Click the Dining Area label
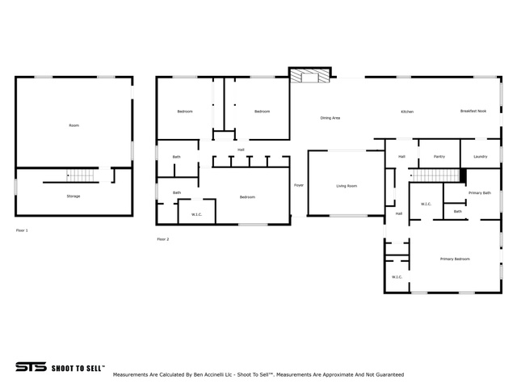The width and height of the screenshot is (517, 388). click(330, 118)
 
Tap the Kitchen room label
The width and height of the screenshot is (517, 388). click(407, 112)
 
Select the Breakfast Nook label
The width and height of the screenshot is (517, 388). click(473, 111)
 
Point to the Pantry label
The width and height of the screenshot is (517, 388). click(439, 156)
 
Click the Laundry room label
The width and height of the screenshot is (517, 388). click(480, 156)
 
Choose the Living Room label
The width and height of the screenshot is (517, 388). click(347, 186)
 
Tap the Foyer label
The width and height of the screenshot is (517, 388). click(299, 185)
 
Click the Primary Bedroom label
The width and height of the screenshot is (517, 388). click(455, 259)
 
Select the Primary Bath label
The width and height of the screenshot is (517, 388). click(480, 192)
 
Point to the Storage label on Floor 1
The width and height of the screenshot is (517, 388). click(74, 196)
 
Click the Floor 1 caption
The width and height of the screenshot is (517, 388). click(22, 230)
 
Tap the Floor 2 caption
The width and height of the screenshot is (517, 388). click(163, 239)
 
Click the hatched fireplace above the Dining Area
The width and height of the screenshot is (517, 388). click(309, 75)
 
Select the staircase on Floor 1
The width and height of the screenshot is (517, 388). click(80, 175)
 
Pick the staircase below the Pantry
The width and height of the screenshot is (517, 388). click(435, 175)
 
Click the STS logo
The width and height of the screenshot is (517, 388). click(31, 366)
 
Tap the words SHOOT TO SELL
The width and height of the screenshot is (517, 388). click(78, 369)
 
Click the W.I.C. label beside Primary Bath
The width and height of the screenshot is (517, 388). click(426, 204)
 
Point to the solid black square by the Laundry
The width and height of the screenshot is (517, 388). click(463, 175)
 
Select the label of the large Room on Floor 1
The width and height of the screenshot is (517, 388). click(74, 125)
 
